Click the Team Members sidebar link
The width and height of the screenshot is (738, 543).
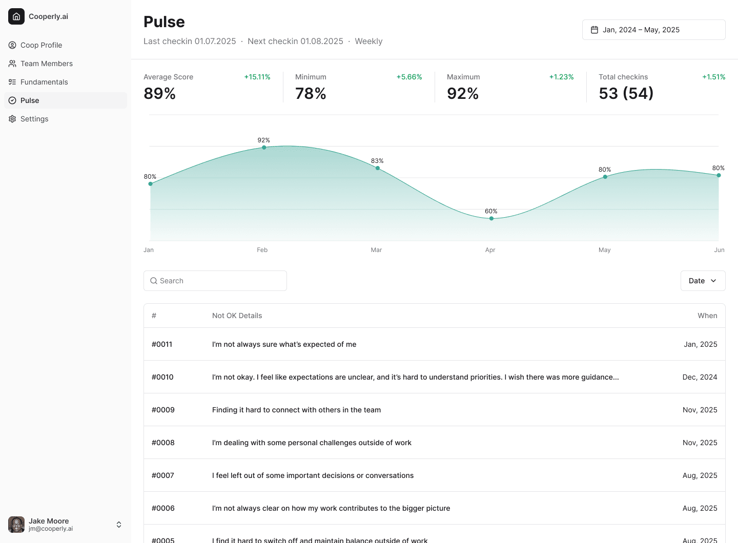click(x=46, y=64)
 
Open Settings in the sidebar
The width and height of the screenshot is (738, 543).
click(x=34, y=119)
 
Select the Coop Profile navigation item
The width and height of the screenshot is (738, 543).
click(x=41, y=45)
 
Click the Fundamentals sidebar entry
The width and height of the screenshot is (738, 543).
click(x=44, y=82)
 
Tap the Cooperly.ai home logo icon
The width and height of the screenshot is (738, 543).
click(x=16, y=16)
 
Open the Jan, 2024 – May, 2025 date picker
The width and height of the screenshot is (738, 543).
click(x=653, y=30)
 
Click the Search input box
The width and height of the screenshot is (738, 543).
click(x=215, y=281)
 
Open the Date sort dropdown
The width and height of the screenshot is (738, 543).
click(x=703, y=281)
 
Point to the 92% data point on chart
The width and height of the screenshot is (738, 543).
click(x=264, y=148)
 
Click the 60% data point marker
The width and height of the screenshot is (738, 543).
click(x=491, y=218)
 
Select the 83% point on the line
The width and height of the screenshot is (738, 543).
click(x=378, y=168)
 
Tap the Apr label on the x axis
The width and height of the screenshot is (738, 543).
click(x=490, y=250)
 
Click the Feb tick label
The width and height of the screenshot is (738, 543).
click(x=262, y=250)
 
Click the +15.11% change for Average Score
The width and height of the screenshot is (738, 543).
click(x=257, y=77)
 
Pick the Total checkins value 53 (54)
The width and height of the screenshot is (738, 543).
click(x=626, y=93)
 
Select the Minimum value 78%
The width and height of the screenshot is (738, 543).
click(x=311, y=93)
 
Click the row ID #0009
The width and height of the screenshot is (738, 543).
click(x=163, y=410)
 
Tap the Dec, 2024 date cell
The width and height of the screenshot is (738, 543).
click(x=700, y=377)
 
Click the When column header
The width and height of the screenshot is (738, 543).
click(x=707, y=316)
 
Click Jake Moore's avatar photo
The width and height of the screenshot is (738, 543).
click(x=16, y=525)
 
